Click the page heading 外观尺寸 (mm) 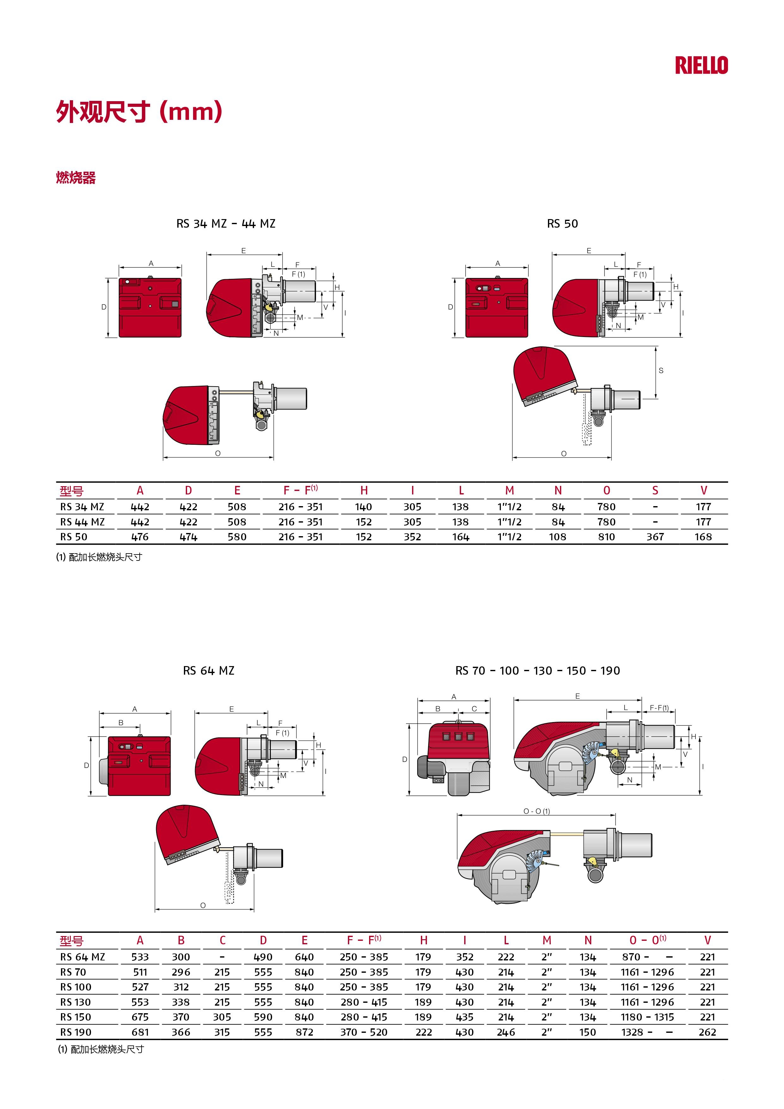tap(139, 112)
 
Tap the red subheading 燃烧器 tap(76, 178)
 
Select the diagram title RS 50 tap(562, 224)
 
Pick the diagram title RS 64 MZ tap(209, 671)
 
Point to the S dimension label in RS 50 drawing tap(661, 371)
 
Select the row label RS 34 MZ tap(82, 507)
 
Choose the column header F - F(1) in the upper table tap(300, 490)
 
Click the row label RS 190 tap(76, 1032)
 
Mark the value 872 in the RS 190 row tap(304, 1032)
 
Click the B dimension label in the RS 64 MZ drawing tap(121, 723)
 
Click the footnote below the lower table tap(101, 1049)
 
